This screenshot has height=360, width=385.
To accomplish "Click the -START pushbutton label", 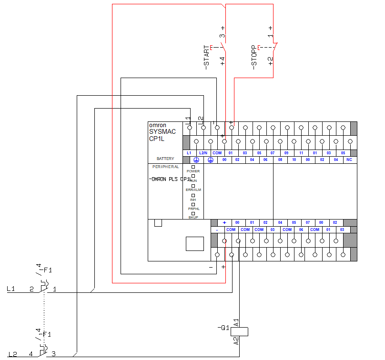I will click(207, 58).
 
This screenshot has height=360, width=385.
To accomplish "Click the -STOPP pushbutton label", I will click(254, 58).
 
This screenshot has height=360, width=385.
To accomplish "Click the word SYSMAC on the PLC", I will click(162, 131).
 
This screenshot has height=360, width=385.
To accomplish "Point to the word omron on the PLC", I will click(157, 125).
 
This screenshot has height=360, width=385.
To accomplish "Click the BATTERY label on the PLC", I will click(165, 159).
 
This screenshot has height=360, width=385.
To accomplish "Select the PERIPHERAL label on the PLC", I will click(165, 167).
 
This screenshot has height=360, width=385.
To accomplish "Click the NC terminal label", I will click(350, 160).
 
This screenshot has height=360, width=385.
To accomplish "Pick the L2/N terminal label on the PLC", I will click(203, 153).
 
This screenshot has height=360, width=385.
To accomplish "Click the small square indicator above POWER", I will click(193, 167).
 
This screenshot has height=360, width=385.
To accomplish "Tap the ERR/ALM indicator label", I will click(193, 190).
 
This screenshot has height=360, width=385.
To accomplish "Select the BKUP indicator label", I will click(193, 217).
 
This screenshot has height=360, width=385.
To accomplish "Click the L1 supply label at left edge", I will click(11, 289).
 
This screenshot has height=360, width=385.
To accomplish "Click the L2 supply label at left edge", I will click(12, 354).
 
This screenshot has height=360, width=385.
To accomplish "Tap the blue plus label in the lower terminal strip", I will click(224, 222).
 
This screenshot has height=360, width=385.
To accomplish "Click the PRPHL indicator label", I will click(193, 209).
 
